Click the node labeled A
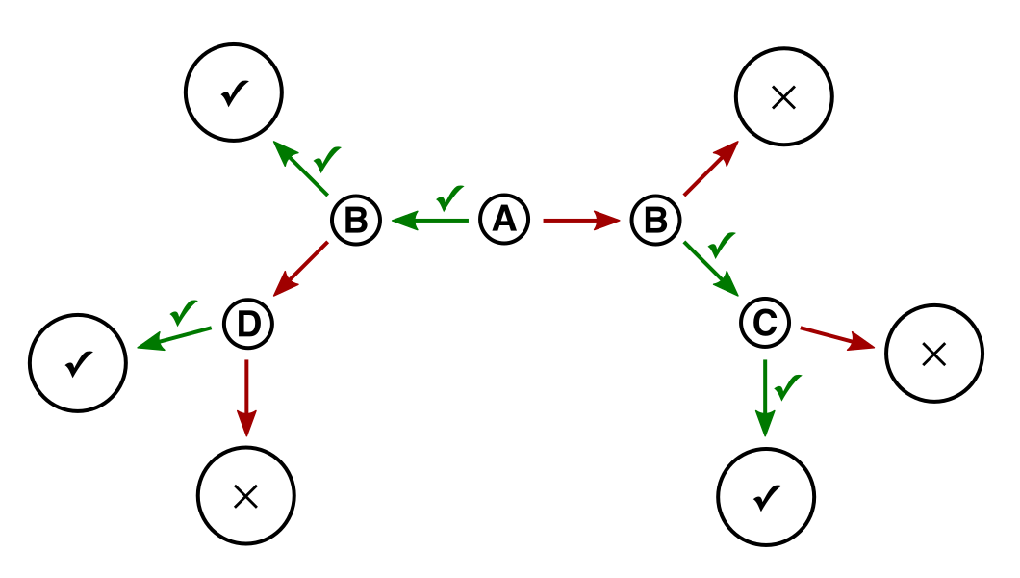(x=504, y=220)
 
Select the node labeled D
(x=248, y=324)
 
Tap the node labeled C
(x=765, y=322)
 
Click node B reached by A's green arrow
(x=356, y=220)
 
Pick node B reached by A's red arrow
(x=655, y=220)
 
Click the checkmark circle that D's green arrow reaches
(x=78, y=362)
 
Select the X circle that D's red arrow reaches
(x=246, y=495)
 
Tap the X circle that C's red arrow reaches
(x=934, y=354)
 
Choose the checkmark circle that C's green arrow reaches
(x=766, y=497)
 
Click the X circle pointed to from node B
(x=784, y=97)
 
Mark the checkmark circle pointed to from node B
(x=234, y=92)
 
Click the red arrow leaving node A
(x=581, y=221)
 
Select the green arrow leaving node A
(x=430, y=221)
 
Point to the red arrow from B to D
(x=300, y=269)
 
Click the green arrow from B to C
(x=711, y=269)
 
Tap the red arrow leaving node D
(x=246, y=398)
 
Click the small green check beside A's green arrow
(x=449, y=197)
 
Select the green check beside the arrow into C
(x=722, y=244)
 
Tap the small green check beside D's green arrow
(x=184, y=312)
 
